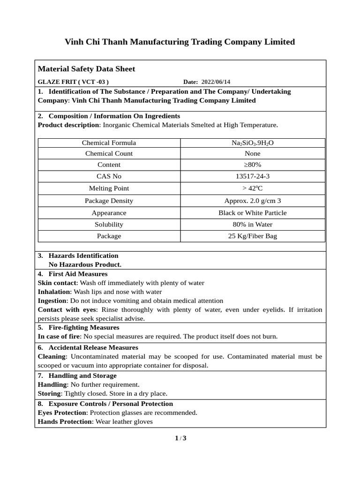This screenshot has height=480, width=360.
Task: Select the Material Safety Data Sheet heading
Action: coord(86,69)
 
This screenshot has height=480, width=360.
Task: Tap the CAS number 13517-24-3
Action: coord(253,176)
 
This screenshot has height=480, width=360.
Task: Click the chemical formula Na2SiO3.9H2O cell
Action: coord(253,143)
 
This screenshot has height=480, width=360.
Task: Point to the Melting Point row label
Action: coord(109,188)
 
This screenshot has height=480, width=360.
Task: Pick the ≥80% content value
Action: coord(253,165)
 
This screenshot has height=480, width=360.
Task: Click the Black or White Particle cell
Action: coord(253,213)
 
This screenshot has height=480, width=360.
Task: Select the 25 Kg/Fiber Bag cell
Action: coord(253,236)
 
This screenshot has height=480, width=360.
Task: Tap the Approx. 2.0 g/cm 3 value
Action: coord(253,201)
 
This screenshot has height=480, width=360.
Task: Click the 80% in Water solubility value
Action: coord(253,225)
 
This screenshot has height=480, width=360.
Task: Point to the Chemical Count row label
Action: coord(109,153)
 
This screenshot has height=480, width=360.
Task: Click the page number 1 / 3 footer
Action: coord(180,438)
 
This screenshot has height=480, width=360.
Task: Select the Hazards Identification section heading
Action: coord(83,255)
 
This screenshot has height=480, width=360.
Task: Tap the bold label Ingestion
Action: coord(52,300)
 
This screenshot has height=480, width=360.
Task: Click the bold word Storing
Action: coord(49,393)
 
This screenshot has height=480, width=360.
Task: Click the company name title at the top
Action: coord(180,42)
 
